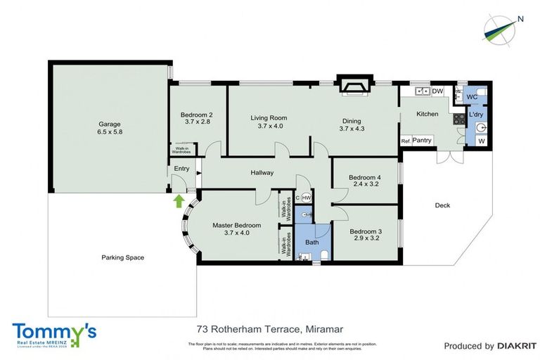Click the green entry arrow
coord(179,202)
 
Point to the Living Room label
coord(269,117)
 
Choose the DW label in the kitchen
coord(437,91)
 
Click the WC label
coord(472,96)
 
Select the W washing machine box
coord(481,141)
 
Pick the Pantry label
coord(422,141)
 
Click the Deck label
coord(442,205)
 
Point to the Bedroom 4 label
coord(365,178)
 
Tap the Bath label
coord(311,243)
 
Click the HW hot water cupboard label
coord(307,198)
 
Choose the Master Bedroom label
coord(237,225)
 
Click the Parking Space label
coord(122,257)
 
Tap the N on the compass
coord(520,19)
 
